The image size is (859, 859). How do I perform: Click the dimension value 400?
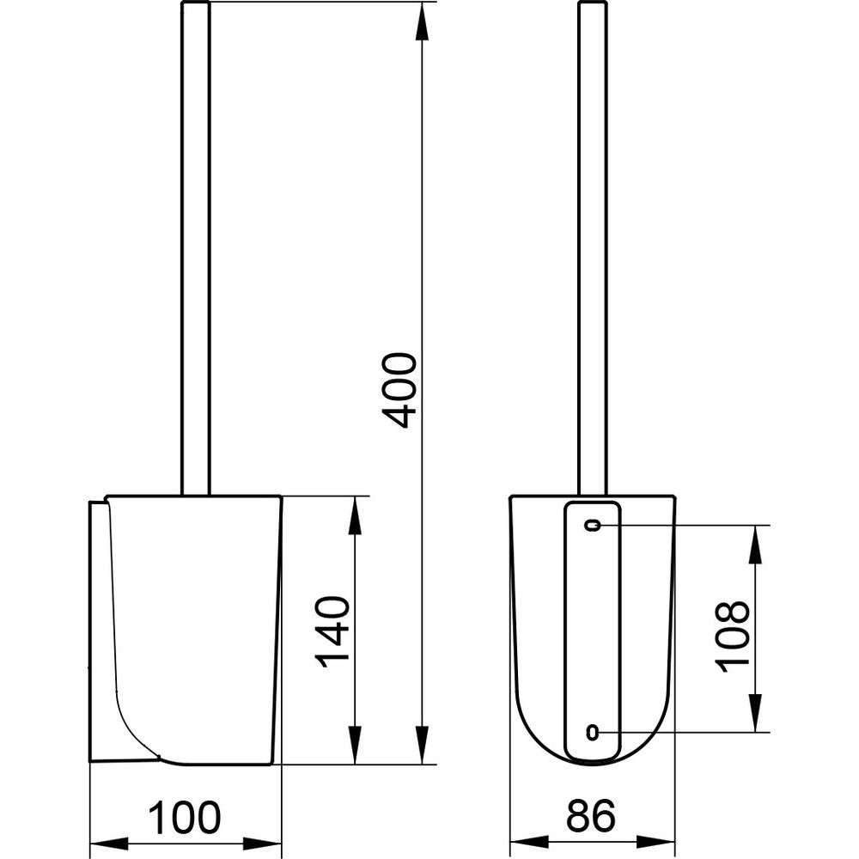pos(399,389)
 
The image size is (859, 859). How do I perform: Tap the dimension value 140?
pos(332,631)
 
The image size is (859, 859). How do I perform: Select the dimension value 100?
pos(185,818)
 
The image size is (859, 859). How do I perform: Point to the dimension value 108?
pos(732,637)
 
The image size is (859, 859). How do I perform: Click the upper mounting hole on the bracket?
pos(593,525)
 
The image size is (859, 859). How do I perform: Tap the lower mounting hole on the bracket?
pos(592,731)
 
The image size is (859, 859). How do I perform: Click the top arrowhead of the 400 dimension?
pos(421,21)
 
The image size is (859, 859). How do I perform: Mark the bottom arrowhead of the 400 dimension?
pos(421,745)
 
